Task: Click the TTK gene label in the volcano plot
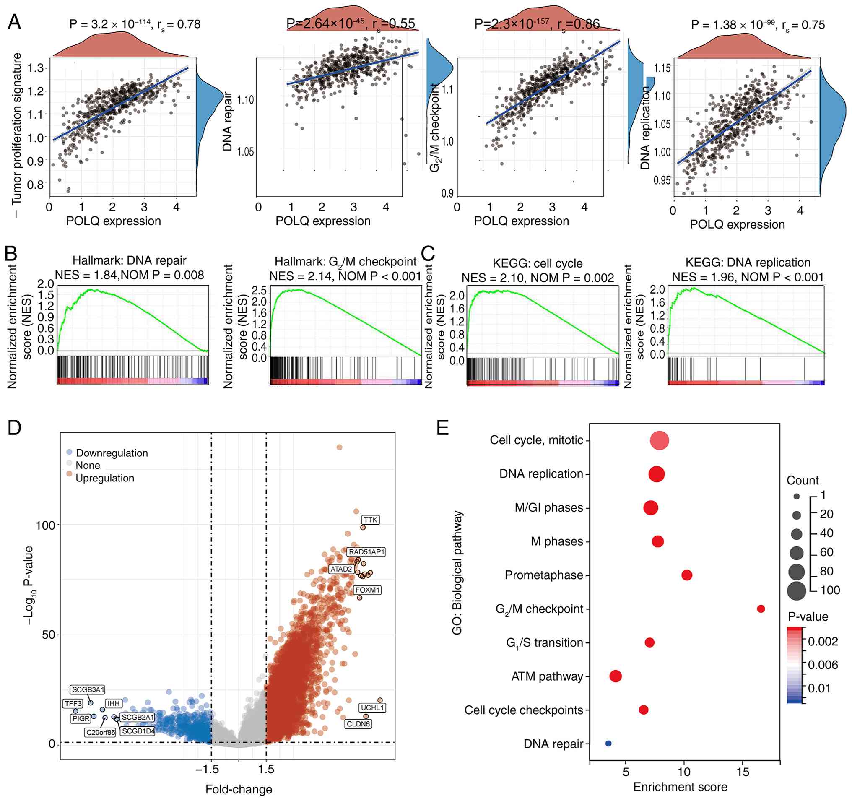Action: (370, 520)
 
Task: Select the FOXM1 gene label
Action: (368, 590)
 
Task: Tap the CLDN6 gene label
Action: (358, 724)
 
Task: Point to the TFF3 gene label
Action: (73, 703)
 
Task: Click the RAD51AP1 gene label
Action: (367, 552)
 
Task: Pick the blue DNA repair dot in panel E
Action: (608, 744)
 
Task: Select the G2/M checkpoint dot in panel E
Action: (761, 609)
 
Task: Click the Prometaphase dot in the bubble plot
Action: (686, 575)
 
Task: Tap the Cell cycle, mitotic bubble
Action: (659, 441)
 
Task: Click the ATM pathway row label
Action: (547, 676)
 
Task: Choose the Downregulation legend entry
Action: (112, 453)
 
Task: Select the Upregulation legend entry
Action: (104, 478)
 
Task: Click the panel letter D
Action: (14, 428)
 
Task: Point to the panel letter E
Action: (443, 428)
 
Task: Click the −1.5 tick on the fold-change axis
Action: (208, 769)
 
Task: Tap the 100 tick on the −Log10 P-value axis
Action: (45, 525)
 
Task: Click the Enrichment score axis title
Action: (680, 787)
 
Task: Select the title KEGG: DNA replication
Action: (748, 262)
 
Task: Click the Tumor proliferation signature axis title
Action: (17, 129)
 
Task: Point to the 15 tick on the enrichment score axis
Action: (743, 772)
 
